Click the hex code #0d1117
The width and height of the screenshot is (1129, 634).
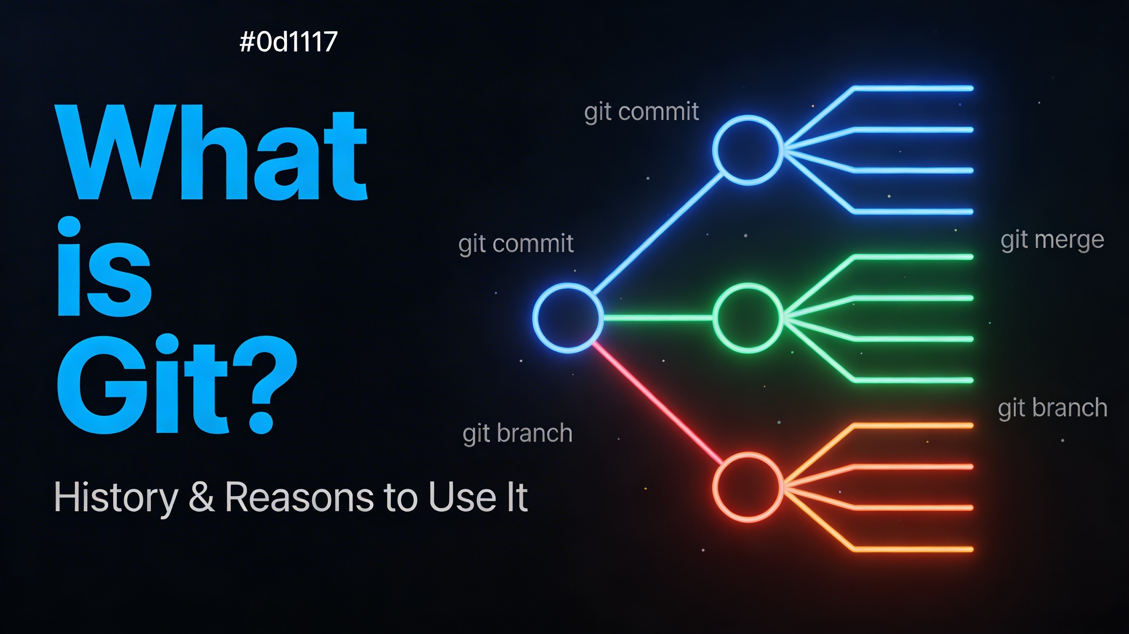pyautogui.click(x=288, y=42)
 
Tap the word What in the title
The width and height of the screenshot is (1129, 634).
pyautogui.click(x=211, y=153)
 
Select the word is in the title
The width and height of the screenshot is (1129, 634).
pyautogui.click(x=104, y=266)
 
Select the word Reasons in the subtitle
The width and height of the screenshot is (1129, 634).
pyautogui.click(x=299, y=497)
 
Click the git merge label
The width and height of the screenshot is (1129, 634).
pyautogui.click(x=1052, y=241)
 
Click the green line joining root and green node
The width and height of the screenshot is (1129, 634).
pyautogui.click(x=658, y=318)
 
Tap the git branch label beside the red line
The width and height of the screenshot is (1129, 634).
pyautogui.click(x=517, y=434)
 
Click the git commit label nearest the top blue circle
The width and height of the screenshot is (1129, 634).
pyautogui.click(x=641, y=112)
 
